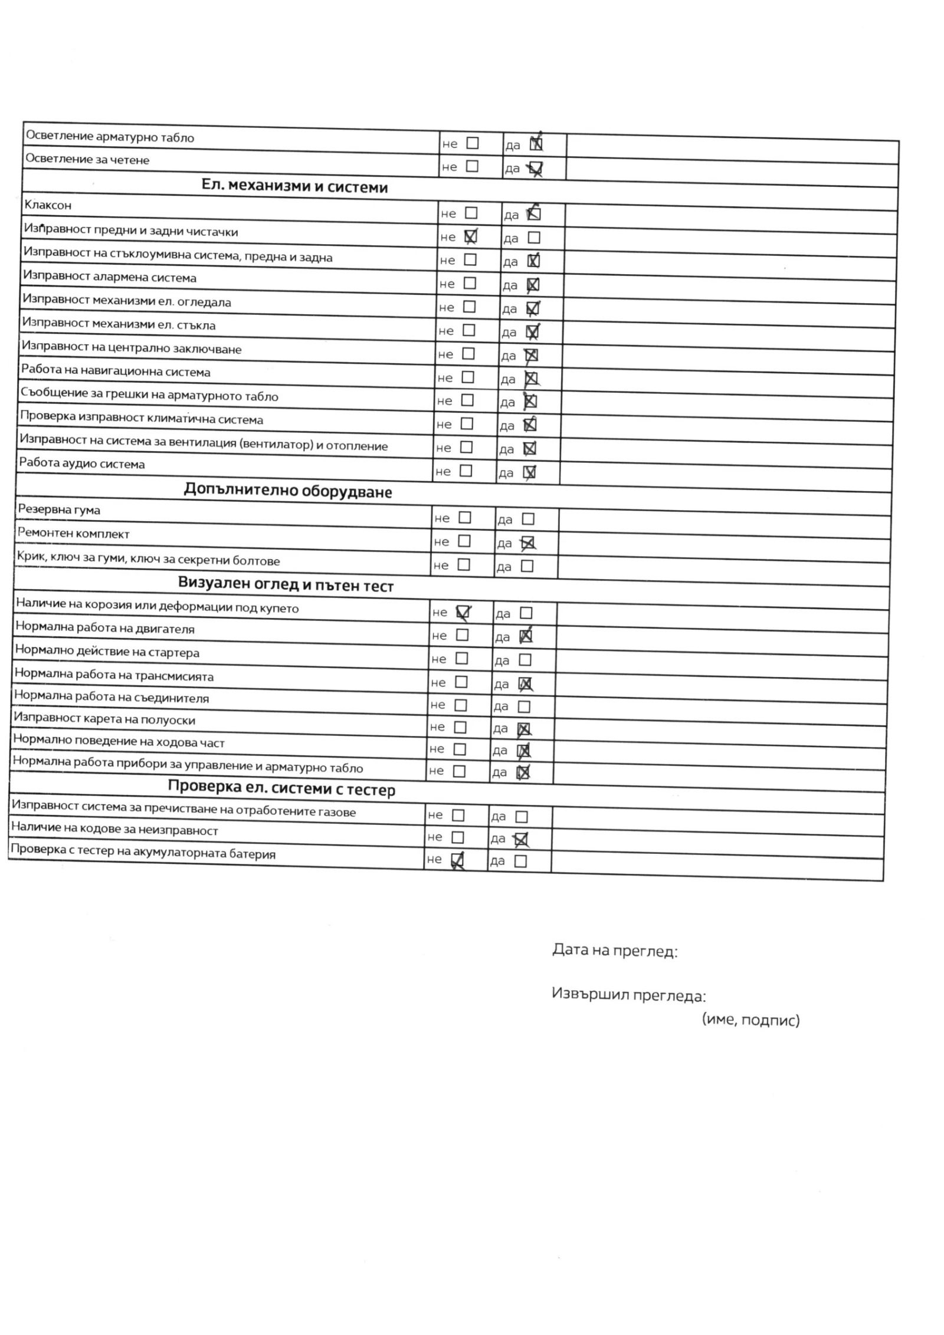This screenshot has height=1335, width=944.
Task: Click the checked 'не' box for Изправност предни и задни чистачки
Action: (x=470, y=236)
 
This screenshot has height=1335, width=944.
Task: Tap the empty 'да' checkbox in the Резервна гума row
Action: (x=528, y=519)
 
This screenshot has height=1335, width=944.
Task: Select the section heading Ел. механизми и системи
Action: (x=294, y=186)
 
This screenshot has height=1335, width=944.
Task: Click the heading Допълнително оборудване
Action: (x=287, y=491)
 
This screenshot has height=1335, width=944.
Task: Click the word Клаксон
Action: (x=48, y=205)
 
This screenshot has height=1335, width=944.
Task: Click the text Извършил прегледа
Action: (x=628, y=995)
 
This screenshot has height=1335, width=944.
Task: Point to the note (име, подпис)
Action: (x=750, y=1020)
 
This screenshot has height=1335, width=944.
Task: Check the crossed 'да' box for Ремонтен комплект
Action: (x=527, y=543)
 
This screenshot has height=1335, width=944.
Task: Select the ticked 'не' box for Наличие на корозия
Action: (x=463, y=613)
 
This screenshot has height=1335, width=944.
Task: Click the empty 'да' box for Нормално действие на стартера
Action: (x=525, y=660)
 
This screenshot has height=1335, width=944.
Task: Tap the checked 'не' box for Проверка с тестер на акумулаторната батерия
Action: (x=457, y=860)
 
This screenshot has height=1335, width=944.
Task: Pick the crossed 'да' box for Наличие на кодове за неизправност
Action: (x=521, y=839)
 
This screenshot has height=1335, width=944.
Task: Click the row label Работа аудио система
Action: (x=81, y=463)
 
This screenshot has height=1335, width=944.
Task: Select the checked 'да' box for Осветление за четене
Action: (x=536, y=169)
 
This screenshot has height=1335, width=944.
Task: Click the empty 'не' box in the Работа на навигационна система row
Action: (x=467, y=377)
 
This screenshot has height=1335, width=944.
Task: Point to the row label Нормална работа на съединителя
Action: (x=112, y=697)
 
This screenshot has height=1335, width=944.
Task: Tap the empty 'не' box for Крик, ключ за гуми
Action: (x=464, y=565)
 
